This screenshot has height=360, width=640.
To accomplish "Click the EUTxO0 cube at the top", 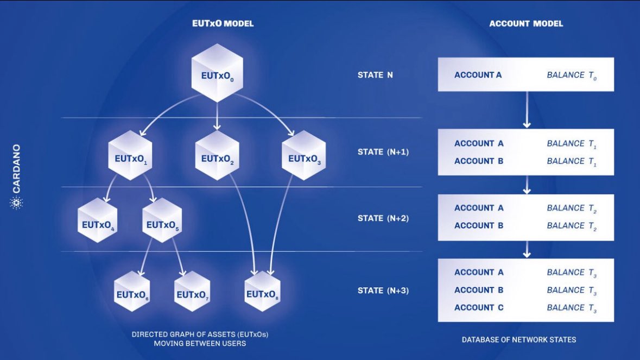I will tap(217, 73).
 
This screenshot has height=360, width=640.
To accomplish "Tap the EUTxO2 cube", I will tap(217, 155).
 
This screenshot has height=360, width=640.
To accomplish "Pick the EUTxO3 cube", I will tap(303, 155).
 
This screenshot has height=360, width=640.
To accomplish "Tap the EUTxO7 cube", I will tap(192, 291).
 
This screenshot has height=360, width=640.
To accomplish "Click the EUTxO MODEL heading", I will tap(223, 24).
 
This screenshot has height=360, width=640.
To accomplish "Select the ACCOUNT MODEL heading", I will tap(525, 24).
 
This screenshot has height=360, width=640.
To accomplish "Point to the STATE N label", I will tap(375, 75).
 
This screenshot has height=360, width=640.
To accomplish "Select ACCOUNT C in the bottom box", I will tap(479, 307).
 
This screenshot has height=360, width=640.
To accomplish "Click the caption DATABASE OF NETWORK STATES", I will tap(518, 340).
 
